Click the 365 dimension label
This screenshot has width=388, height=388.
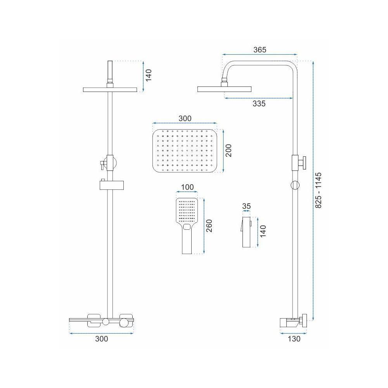pyautogui.click(x=260, y=50)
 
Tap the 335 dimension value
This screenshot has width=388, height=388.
pyautogui.click(x=259, y=104)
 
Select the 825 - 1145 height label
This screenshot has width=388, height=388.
pyautogui.click(x=319, y=190)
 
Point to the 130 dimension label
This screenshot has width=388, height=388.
pyautogui.click(x=294, y=338)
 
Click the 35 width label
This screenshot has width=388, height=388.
pyautogui.click(x=246, y=206)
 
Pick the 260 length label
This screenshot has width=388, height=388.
pyautogui.click(x=209, y=226)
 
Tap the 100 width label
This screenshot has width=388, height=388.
pyautogui.click(x=187, y=187)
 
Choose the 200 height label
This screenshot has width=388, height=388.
pyautogui.click(x=229, y=151)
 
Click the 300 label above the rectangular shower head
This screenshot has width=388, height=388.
pyautogui.click(x=185, y=118)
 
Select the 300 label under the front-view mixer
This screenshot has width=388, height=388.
pyautogui.click(x=101, y=338)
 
